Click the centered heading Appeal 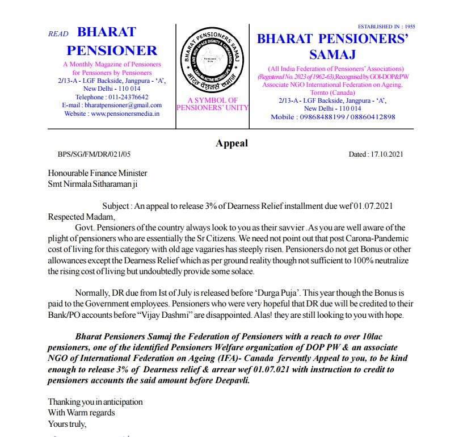click(231, 143)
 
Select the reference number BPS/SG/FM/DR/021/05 click(94, 154)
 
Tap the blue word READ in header click(58, 34)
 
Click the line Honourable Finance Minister click(98, 173)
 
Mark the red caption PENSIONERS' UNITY click(212, 108)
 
